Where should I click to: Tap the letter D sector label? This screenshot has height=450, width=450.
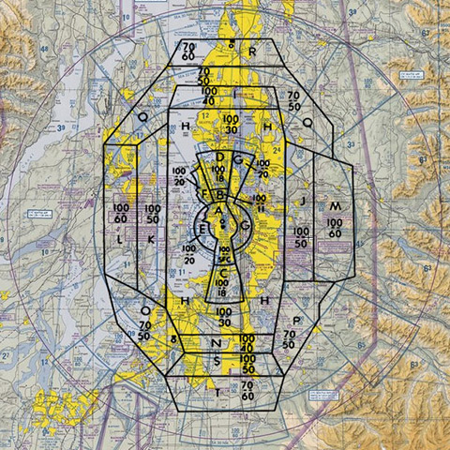(x=220, y=157)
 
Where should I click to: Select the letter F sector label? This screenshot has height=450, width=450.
(x=204, y=193)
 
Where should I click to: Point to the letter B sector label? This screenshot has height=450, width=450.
(x=221, y=195)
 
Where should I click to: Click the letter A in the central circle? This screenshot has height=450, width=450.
(x=220, y=213)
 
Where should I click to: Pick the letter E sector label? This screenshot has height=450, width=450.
(x=203, y=228)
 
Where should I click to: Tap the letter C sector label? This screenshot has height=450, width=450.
(x=223, y=274)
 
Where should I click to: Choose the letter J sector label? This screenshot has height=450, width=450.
(x=302, y=201)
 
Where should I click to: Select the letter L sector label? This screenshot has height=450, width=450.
(x=120, y=240)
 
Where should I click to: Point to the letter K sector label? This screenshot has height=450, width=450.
(x=151, y=240)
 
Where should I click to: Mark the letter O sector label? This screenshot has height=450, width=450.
(x=144, y=309)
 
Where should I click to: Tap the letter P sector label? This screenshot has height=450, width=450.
(x=296, y=320)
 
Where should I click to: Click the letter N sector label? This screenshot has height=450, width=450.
(x=217, y=342)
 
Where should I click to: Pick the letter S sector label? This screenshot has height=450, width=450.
(x=217, y=359)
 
